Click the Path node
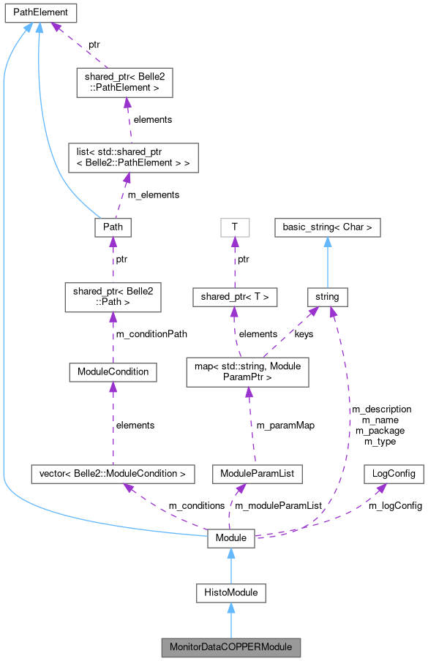113,227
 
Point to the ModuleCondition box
113,371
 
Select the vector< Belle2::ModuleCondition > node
113,474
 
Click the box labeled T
234,227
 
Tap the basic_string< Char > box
328,227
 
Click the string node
328,297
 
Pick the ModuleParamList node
247,474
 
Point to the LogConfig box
394,474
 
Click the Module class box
231,538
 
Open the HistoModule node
231,592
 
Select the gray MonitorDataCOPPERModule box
231,646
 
